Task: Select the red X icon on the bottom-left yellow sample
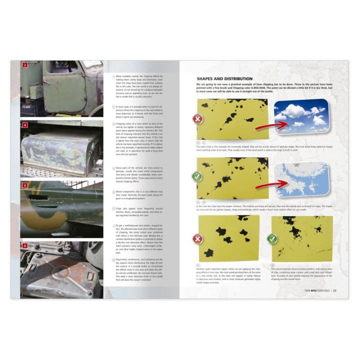198,238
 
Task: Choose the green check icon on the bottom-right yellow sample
272,238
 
